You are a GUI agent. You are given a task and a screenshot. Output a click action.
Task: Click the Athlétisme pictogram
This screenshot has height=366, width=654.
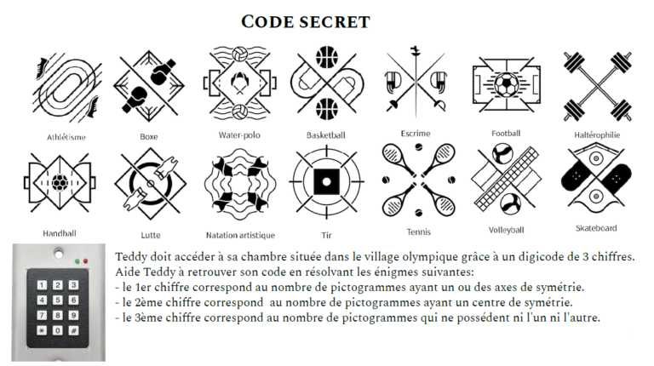pyautogui.click(x=66, y=87)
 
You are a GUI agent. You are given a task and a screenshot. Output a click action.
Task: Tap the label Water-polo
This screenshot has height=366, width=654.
pyautogui.click(x=239, y=135)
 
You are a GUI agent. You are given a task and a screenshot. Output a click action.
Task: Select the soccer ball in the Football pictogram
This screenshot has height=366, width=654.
pyautogui.click(x=506, y=85)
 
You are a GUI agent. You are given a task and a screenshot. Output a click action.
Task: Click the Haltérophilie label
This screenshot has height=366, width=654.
pyautogui.click(x=597, y=135)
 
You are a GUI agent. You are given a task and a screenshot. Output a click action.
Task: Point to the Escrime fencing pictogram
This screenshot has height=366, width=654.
pyautogui.click(x=416, y=82)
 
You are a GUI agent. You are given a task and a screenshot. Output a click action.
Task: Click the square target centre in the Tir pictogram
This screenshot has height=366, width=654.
pyautogui.click(x=327, y=182)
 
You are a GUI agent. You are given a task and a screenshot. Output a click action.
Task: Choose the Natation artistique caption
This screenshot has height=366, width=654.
pyautogui.click(x=240, y=235)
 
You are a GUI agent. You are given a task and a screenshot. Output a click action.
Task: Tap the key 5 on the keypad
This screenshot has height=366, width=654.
pyautogui.click(x=58, y=300)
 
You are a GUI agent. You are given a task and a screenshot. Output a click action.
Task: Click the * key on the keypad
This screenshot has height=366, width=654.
pyautogui.click(x=42, y=331)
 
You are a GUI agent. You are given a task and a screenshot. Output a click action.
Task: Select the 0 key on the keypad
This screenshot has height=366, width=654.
pyautogui.click(x=58, y=331)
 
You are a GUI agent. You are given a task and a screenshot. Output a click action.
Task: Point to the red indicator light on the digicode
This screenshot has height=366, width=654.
pyautogui.click(x=85, y=261)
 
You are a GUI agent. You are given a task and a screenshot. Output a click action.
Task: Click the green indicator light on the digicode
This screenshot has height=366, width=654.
pyautogui.click(x=77, y=261)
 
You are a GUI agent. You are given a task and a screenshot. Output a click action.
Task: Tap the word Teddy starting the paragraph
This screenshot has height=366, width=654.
pyautogui.click(x=131, y=257)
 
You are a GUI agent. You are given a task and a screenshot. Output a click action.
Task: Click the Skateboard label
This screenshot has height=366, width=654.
pyautogui.click(x=596, y=228)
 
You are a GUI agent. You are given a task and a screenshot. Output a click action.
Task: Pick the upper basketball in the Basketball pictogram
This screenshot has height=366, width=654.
pyautogui.click(x=327, y=57)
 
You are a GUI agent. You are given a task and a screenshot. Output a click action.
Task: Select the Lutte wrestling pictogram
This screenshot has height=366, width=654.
pyautogui.click(x=150, y=184)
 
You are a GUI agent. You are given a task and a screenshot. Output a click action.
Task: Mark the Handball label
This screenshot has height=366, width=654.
pyautogui.click(x=60, y=233)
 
